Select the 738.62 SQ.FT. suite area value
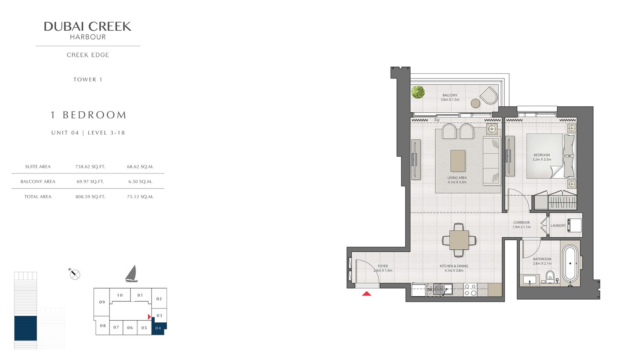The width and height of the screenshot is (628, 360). coord(90,166)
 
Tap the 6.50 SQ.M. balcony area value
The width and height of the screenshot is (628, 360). coord(140,181)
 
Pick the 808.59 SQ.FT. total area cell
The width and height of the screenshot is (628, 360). coord(90,197)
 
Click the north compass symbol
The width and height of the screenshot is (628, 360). coord(75,274)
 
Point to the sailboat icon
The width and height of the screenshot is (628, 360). coord(131,274)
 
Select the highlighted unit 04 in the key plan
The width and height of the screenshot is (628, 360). coord(159,328)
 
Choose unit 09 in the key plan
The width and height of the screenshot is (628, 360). coord(102,302)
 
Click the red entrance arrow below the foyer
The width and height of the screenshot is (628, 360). coord(367,294)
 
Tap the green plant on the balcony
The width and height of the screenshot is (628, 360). coord(418,92)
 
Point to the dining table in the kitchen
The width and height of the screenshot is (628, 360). coord(459,240)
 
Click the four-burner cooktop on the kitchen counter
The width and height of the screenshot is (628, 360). coord(470,290)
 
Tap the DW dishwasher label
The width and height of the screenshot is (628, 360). coord(430,290)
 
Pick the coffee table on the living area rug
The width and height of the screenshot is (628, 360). coord(458,161)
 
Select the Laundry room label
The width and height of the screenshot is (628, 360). coord(558,225)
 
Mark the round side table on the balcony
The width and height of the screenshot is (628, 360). coord(475,104)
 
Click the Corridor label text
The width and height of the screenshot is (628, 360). coord(522,223)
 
